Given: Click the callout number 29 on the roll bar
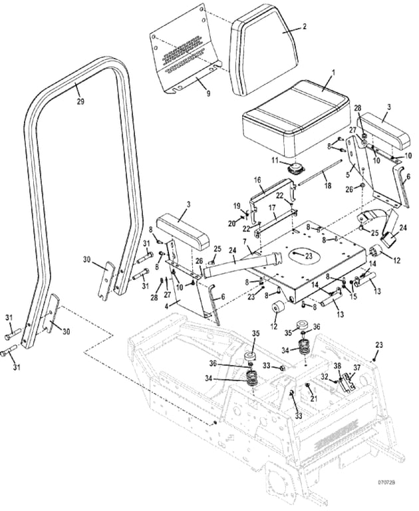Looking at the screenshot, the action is pos(80,101).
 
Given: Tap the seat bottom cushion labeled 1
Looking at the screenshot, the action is pos(295,119).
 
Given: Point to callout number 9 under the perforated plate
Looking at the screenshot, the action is pos(209,94).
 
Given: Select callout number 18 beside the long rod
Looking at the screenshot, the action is pos(327,186).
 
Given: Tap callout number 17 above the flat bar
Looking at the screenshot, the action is pos(272,208).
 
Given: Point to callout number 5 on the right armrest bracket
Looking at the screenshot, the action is pos(348,175).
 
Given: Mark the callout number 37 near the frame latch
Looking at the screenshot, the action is pos(357,368).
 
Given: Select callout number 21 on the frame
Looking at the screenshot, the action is pos(313,398).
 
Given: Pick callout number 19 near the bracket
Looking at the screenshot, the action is pos(237,206).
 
